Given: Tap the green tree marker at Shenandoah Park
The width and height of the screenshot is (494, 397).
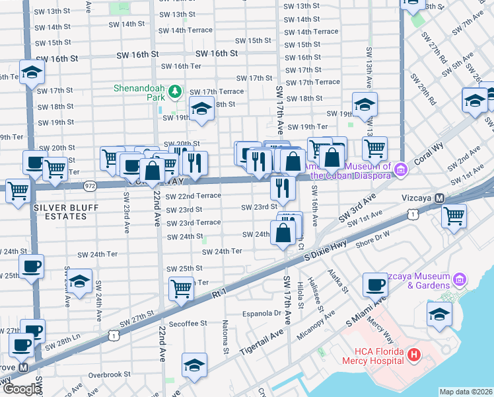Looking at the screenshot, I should [x=175, y=91].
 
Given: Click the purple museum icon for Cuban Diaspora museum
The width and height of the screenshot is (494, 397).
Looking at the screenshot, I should [x=399, y=171].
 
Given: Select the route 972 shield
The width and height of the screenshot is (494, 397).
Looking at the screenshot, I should [x=90, y=187].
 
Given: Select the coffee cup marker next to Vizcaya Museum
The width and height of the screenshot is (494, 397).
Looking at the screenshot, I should [x=375, y=285].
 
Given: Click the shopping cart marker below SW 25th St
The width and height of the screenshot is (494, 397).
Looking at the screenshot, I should [x=180, y=288].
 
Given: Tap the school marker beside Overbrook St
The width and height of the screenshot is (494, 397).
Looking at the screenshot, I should [x=194, y=365].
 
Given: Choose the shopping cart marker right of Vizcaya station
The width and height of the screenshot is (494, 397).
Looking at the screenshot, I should [x=454, y=215].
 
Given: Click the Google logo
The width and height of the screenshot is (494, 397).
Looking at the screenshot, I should [x=22, y=390].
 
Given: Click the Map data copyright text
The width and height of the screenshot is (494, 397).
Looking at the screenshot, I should [x=466, y=392].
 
